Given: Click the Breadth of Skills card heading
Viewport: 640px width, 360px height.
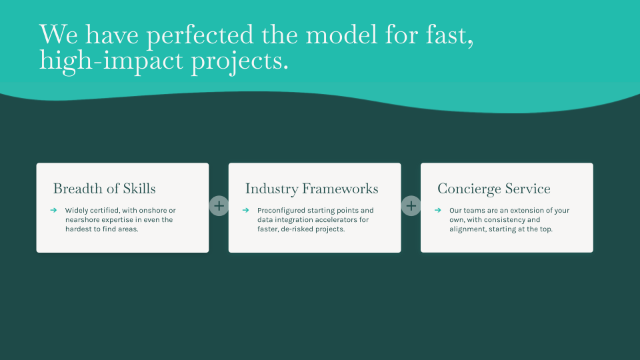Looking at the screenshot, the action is click(x=105, y=189).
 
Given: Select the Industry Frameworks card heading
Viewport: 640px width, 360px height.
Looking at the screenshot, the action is click(x=312, y=189).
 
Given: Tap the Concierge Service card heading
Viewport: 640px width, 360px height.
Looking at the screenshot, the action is click(x=494, y=189).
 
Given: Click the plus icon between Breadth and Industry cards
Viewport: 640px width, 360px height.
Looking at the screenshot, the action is click(x=219, y=206).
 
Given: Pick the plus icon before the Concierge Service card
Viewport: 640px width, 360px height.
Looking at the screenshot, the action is click(x=411, y=206).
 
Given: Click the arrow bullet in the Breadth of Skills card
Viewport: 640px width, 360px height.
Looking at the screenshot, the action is click(x=53, y=210).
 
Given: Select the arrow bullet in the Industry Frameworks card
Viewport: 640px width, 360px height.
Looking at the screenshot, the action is click(x=246, y=210).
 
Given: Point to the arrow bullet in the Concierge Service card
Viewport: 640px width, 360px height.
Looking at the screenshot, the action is click(x=438, y=210).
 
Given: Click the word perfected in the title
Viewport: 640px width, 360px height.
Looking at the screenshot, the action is click(x=200, y=35).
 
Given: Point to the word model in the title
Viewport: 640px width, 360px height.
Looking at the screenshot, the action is click(x=341, y=35).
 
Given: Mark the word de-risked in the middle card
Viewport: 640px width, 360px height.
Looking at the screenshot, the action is click(x=296, y=229).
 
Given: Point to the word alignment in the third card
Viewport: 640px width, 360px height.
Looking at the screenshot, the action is click(x=465, y=229).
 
